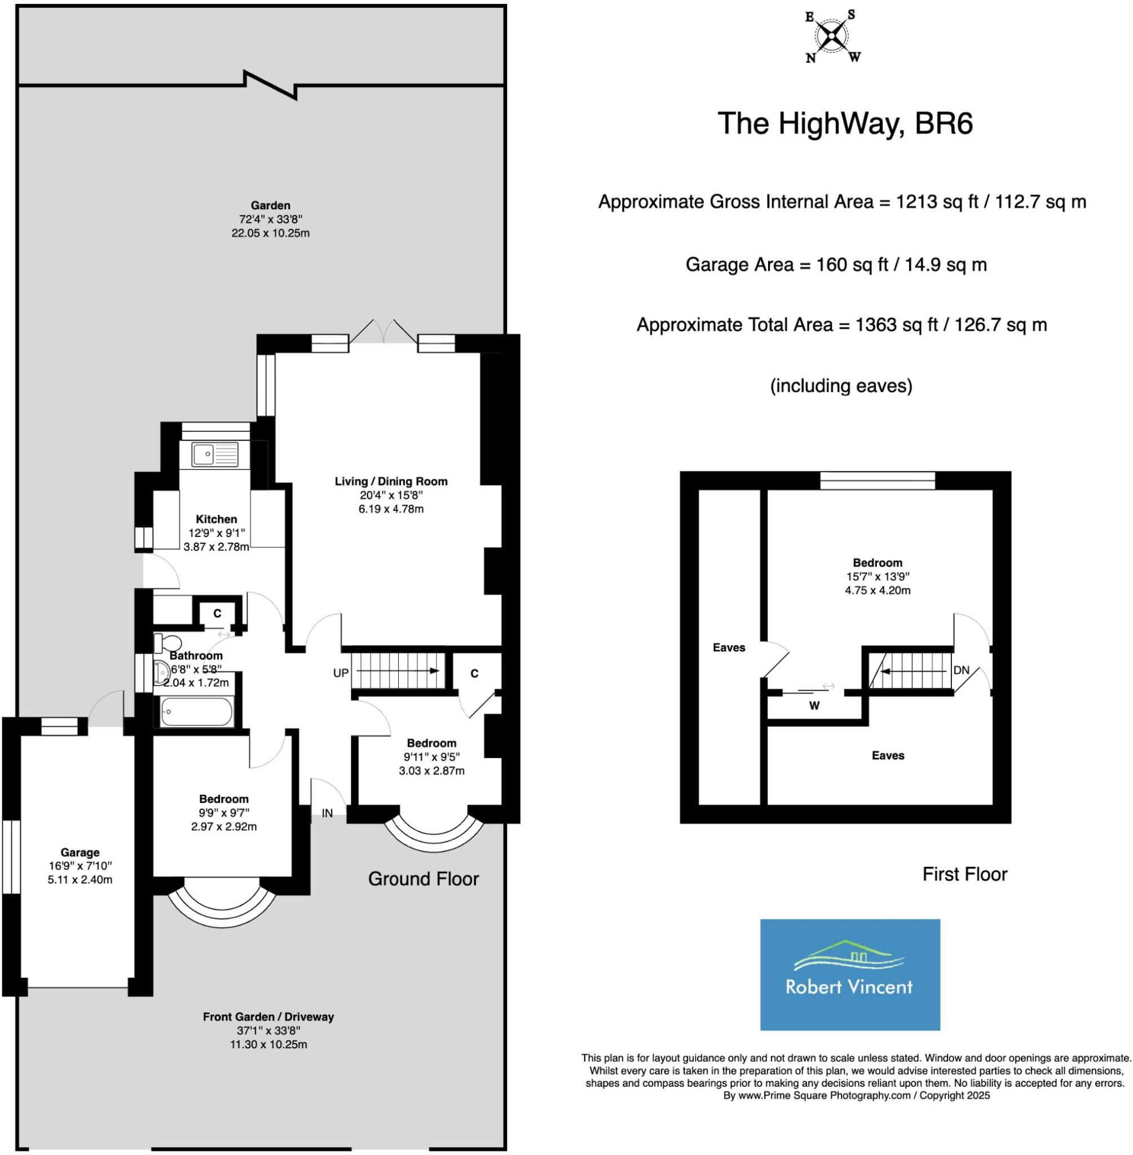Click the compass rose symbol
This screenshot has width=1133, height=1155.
pyautogui.click(x=832, y=37)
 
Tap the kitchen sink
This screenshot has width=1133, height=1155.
pyautogui.click(x=214, y=455)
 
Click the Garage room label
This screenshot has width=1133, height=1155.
pyautogui.click(x=80, y=852)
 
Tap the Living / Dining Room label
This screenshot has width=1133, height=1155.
pyautogui.click(x=391, y=482)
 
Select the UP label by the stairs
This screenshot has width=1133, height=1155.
pyautogui.click(x=341, y=673)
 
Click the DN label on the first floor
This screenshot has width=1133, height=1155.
pyautogui.click(x=961, y=670)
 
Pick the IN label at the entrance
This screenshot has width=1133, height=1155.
pyautogui.click(x=327, y=813)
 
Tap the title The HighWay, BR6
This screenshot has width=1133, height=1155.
pyautogui.click(x=845, y=124)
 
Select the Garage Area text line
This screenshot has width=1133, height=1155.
pyautogui.click(x=836, y=264)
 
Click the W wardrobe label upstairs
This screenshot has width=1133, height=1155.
pyautogui.click(x=814, y=706)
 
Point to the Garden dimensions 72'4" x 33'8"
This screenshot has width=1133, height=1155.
pyautogui.click(x=271, y=219)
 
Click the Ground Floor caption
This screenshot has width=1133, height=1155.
pyautogui.click(x=423, y=879)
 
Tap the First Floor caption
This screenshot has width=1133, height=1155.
pyautogui.click(x=964, y=874)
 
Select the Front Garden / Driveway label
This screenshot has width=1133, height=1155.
pyautogui.click(x=268, y=1016)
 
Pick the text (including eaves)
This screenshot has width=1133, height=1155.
pyautogui.click(x=841, y=386)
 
